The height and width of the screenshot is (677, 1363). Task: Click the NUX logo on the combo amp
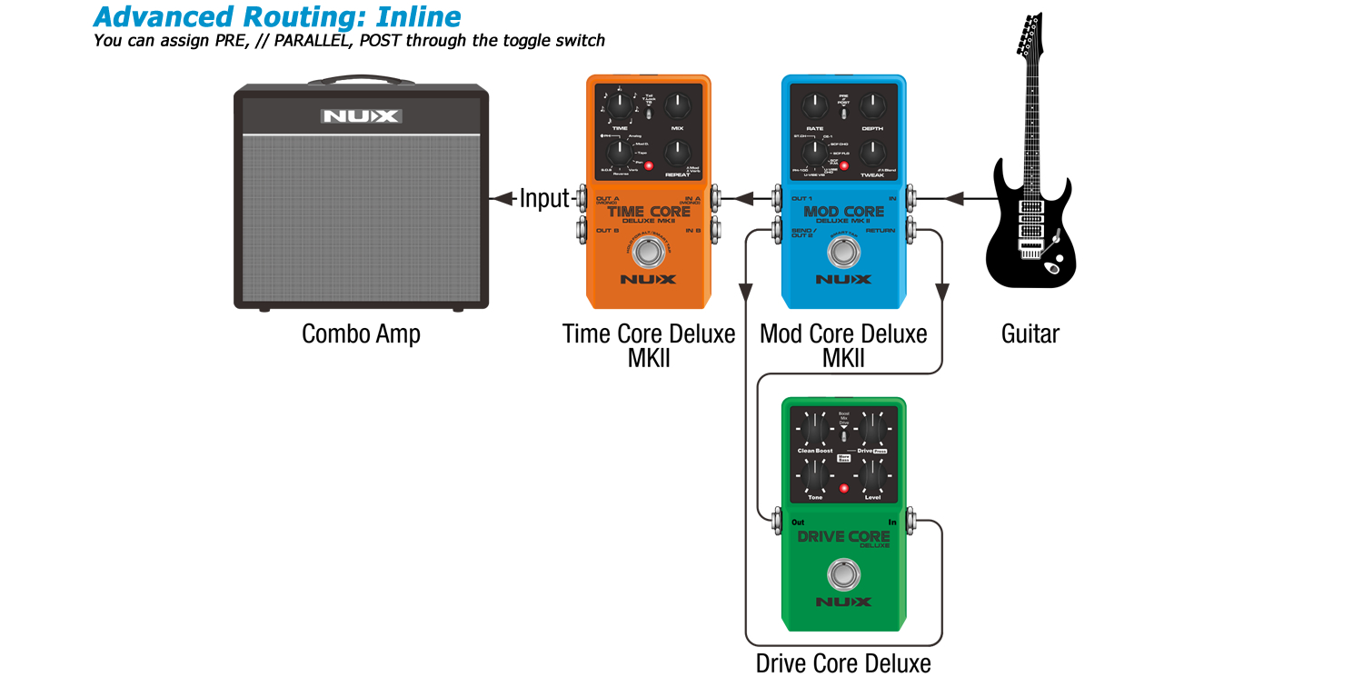[x=361, y=116]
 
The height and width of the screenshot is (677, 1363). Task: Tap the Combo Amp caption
[x=361, y=334]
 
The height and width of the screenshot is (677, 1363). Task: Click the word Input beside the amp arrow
[x=543, y=198]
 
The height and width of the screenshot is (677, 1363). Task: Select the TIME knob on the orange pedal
[x=619, y=107]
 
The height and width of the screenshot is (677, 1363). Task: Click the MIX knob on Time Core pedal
[x=677, y=107]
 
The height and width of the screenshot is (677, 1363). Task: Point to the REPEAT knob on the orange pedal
[x=677, y=153]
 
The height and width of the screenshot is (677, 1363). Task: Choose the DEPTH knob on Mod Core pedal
[x=872, y=107]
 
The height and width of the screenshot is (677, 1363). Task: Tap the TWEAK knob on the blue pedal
[x=872, y=153]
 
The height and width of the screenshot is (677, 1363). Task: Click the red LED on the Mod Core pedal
[x=844, y=166]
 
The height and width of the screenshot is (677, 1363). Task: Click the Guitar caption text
[x=1030, y=334]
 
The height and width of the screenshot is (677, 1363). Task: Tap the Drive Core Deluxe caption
[x=843, y=662]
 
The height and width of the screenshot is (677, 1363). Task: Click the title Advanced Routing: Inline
[x=277, y=16]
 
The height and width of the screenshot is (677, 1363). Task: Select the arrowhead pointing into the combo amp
[x=497, y=197]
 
